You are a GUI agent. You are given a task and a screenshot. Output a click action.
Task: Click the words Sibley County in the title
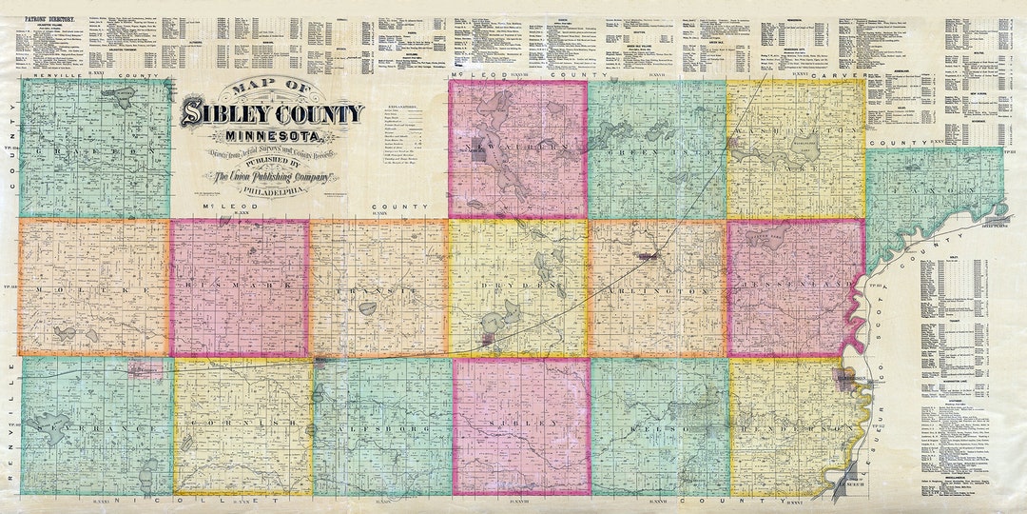272,114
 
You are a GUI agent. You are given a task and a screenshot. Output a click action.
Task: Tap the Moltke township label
91,288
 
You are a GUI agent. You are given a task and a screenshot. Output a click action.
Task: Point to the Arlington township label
656,288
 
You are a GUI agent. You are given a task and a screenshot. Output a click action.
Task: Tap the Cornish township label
239,424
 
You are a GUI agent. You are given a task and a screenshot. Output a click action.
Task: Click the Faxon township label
937,190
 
